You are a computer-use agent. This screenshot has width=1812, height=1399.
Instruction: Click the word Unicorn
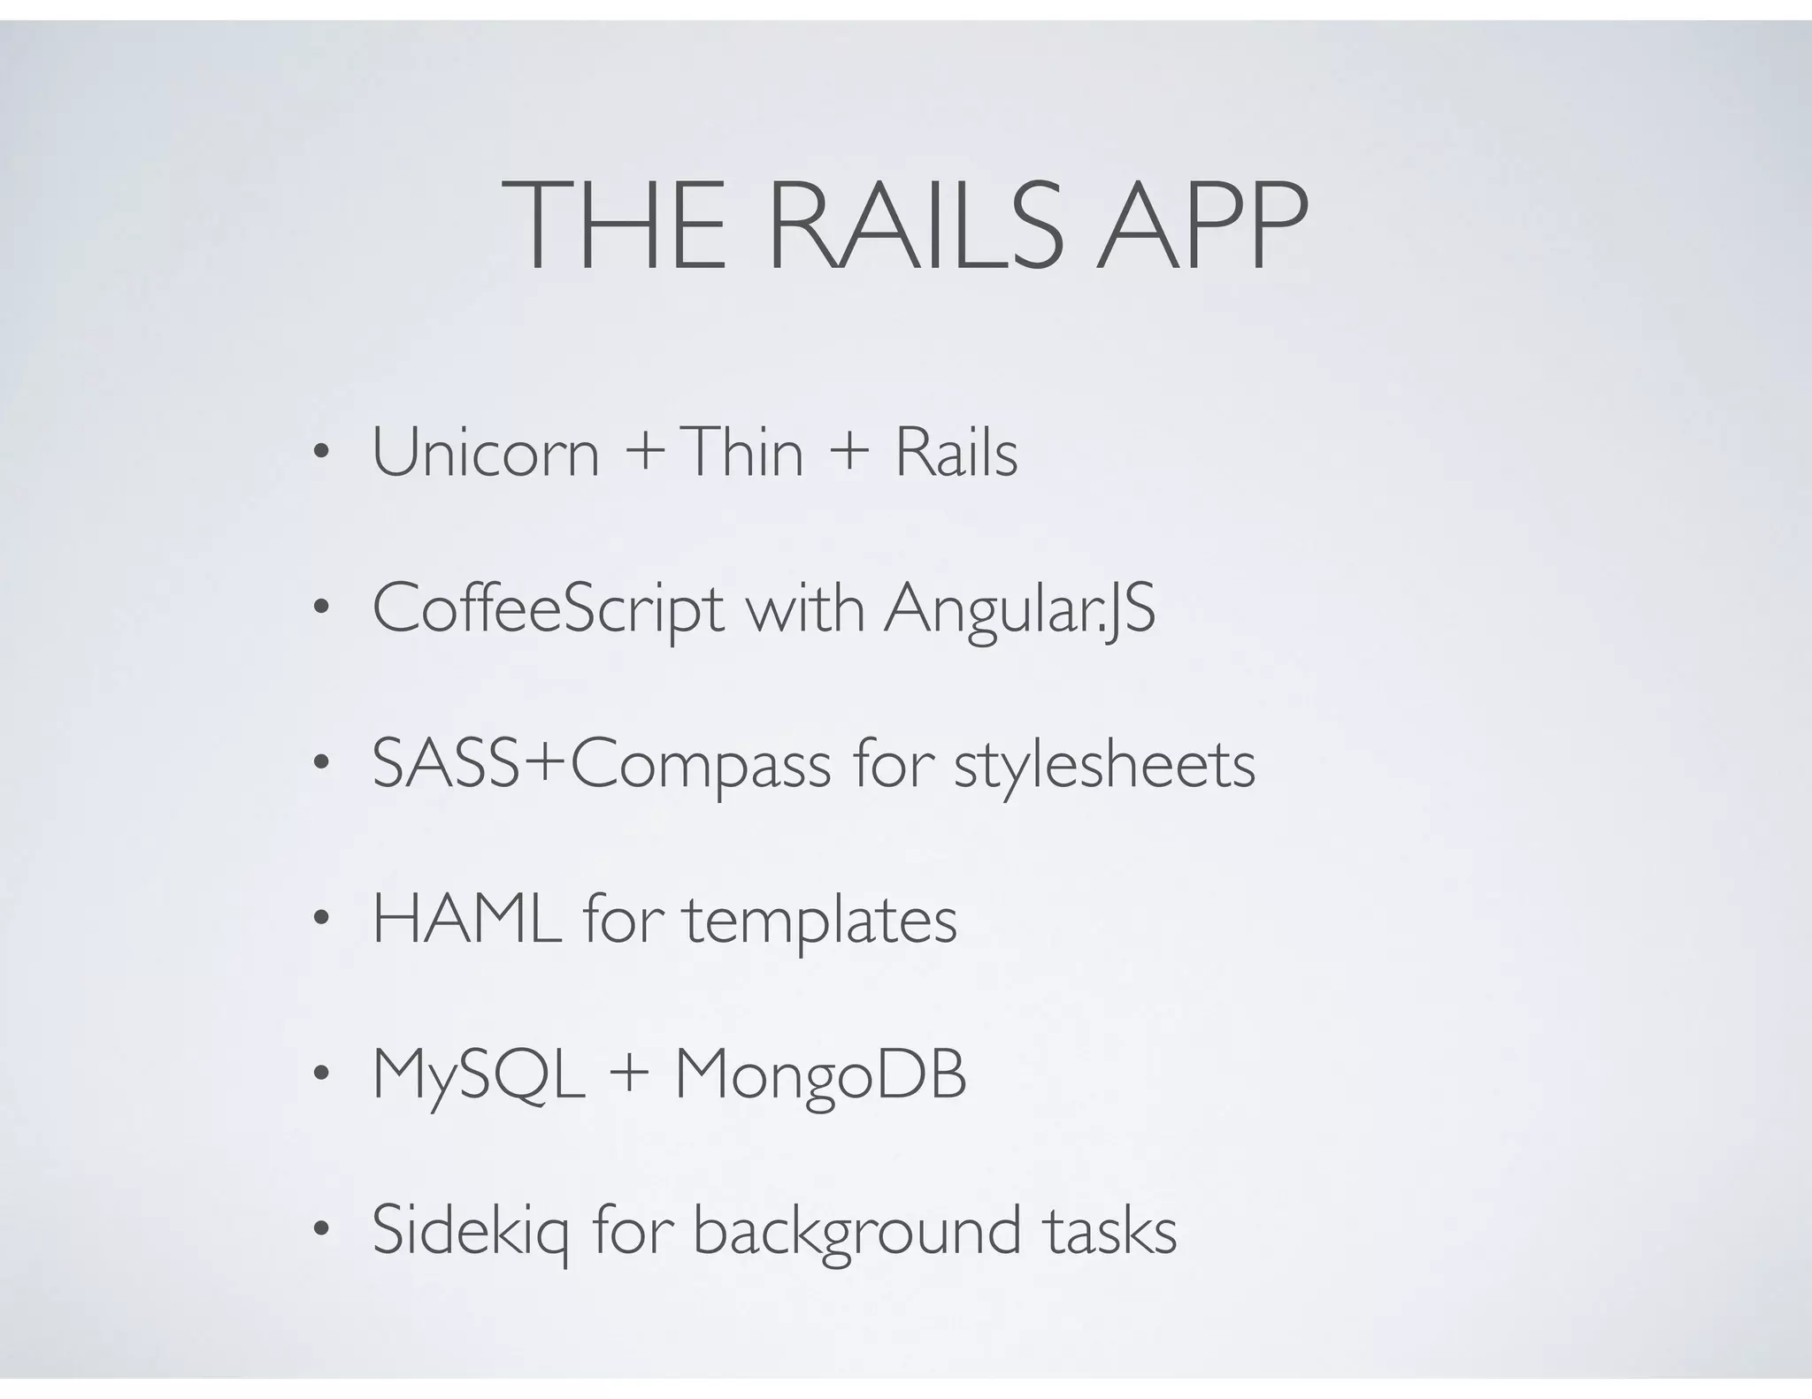(486, 453)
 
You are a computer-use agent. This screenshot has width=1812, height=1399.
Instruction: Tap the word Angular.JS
(1019, 610)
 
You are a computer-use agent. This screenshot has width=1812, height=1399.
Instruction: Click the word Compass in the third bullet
(701, 766)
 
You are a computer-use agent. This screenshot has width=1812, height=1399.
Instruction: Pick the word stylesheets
(1104, 766)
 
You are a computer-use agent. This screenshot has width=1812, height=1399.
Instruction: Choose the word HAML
(467, 920)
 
